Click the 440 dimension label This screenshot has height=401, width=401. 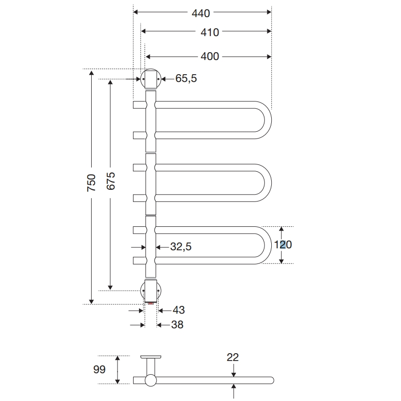[x=201, y=13]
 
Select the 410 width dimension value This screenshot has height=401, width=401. [x=210, y=33]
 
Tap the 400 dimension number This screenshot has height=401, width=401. [x=210, y=57]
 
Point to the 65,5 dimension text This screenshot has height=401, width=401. [x=186, y=79]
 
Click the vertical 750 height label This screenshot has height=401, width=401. [x=91, y=183]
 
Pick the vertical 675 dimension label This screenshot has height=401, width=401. [x=110, y=181]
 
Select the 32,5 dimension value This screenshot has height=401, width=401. [x=181, y=247]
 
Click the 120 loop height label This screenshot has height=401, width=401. [x=283, y=245]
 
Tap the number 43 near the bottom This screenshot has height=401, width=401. [x=179, y=310]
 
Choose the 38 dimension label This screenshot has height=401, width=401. [x=177, y=325]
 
